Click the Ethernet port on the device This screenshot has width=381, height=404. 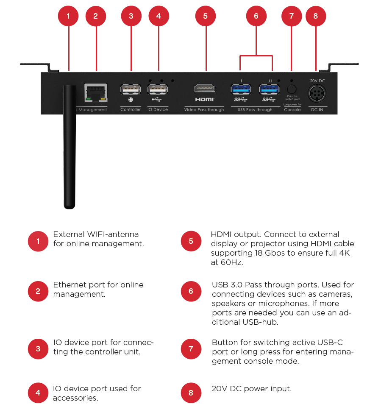pos(96,92)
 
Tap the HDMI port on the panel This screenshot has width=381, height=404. pos(205,89)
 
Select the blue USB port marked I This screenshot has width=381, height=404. pos(241,89)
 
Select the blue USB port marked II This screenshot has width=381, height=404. pos(270,89)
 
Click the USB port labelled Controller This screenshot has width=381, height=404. pos(131,89)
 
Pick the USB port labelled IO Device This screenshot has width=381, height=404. pos(158,89)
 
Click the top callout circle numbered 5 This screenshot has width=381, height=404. pos(206,16)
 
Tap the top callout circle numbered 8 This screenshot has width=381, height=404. pos(315,16)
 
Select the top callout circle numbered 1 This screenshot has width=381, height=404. pos(68,16)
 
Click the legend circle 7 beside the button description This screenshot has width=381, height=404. pos(191,349)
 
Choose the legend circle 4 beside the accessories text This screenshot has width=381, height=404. pos(38,393)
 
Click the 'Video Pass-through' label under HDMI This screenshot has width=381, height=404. pos(204,110)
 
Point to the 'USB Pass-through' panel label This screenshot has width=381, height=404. pos(255,110)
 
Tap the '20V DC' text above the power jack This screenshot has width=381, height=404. pos(317,81)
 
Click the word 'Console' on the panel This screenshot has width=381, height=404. pos(292,110)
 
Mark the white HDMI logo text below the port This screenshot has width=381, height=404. pos(205,100)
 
